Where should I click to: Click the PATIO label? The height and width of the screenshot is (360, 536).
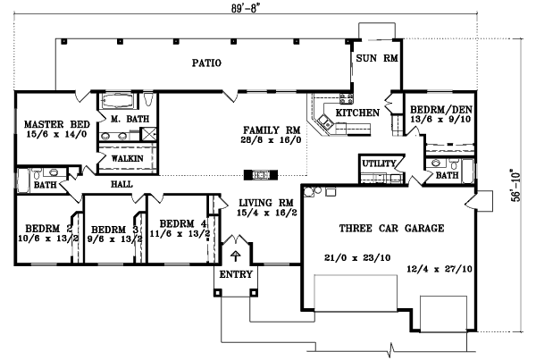point(205,63)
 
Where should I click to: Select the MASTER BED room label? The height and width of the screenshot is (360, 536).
point(43,124)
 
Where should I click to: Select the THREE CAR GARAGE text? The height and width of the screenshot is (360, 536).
point(391,229)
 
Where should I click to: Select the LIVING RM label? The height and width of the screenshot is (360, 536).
point(257,203)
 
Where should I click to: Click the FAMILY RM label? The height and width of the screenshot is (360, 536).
point(269,129)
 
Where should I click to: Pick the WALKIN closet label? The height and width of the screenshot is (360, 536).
point(123,159)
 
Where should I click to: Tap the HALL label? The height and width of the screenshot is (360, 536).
point(122,184)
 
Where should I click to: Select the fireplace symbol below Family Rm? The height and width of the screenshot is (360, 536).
point(261,174)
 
